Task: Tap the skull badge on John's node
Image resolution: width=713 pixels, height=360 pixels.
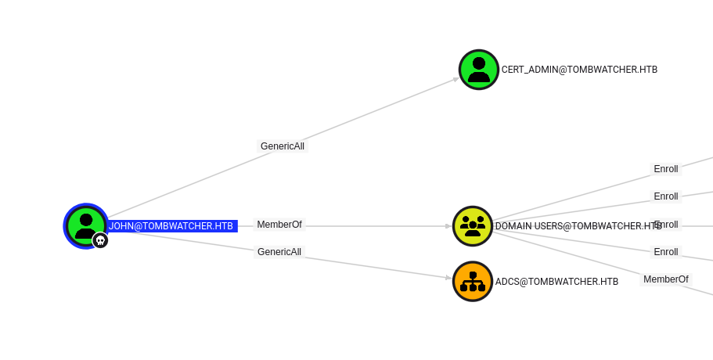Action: pyautogui.click(x=100, y=240)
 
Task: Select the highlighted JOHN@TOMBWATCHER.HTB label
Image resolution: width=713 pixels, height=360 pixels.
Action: pyautogui.click(x=171, y=226)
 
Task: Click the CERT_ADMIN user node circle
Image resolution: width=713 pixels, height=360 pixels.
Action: pyautogui.click(x=478, y=70)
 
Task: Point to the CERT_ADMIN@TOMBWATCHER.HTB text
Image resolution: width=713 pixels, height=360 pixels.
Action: pyautogui.click(x=579, y=70)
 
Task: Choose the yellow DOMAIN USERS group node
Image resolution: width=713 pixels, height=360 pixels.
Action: pyautogui.click(x=472, y=226)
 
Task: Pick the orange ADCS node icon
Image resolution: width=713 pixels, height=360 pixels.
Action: pyautogui.click(x=472, y=282)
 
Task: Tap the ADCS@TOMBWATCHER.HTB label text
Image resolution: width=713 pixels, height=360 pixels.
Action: pyautogui.click(x=556, y=282)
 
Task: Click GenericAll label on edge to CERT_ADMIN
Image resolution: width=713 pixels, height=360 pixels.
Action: pyautogui.click(x=283, y=146)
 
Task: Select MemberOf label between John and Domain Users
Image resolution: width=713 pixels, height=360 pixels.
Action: pyautogui.click(x=279, y=225)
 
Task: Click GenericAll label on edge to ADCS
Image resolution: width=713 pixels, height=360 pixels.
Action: pyautogui.click(x=279, y=252)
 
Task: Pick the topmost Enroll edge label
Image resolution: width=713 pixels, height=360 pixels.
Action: pyautogui.click(x=666, y=169)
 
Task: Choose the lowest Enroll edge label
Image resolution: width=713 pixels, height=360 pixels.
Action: pyautogui.click(x=666, y=252)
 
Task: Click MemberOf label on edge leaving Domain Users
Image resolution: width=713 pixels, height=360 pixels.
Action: pyautogui.click(x=666, y=279)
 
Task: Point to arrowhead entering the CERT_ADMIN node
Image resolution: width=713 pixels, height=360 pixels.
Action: pyautogui.click(x=456, y=77)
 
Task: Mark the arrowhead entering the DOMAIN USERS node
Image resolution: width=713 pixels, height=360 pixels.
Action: pyautogui.click(x=448, y=226)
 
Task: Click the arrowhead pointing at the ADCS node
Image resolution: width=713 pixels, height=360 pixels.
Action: pyautogui.click(x=448, y=278)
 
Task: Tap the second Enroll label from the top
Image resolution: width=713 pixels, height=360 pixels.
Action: pyautogui.click(x=666, y=196)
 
